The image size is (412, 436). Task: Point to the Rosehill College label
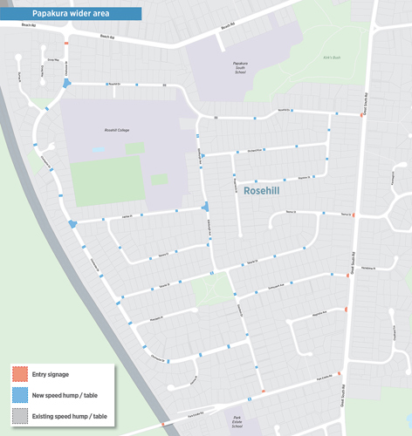tap(104, 129)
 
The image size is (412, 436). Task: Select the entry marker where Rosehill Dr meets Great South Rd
tap(361, 114)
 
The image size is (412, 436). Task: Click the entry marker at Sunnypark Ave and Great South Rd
tap(348, 276)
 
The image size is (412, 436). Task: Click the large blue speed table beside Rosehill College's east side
tap(205, 207)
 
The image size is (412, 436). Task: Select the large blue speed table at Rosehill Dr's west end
tap(67, 84)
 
